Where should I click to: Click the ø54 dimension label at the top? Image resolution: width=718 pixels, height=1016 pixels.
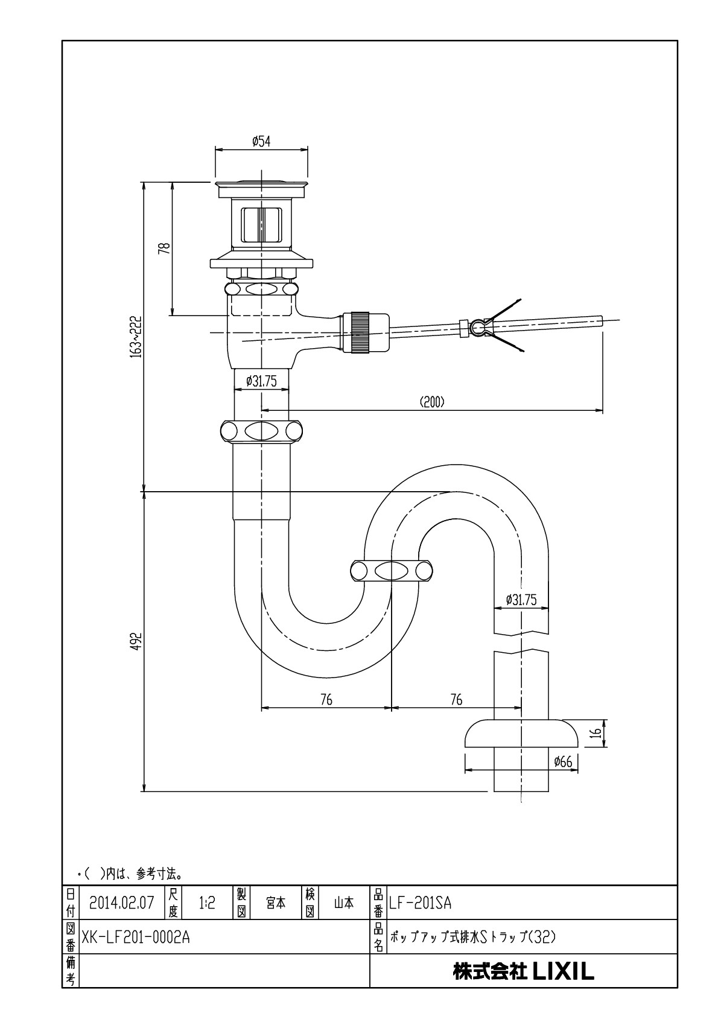tap(261, 142)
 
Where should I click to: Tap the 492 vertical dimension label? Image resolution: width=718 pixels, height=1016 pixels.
tap(138, 641)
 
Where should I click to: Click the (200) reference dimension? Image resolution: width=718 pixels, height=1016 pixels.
tap(432, 402)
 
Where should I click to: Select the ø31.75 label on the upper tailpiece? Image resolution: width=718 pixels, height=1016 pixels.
tap(261, 381)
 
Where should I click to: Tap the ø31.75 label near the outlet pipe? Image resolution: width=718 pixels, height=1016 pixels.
tap(521, 600)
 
